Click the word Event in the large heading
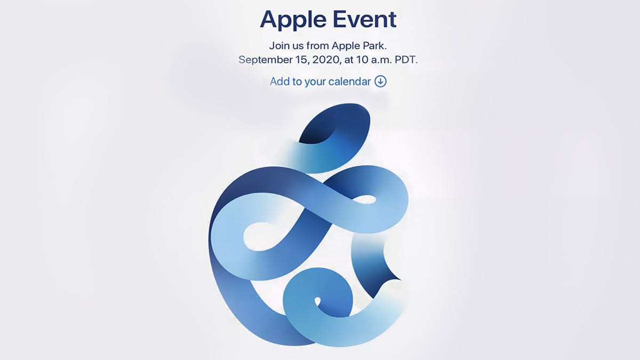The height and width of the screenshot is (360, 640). pos(365,19)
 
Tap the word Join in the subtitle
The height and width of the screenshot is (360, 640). pos(278,46)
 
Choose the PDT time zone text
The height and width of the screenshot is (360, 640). pos(406,60)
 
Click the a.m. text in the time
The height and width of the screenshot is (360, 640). pos(382,60)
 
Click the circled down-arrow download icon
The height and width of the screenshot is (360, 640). pos(381,82)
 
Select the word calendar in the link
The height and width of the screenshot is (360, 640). pos(349,82)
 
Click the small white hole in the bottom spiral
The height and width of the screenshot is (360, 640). pos(317,301)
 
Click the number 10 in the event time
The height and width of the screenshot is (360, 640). pos(362,60)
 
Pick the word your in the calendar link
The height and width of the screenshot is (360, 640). pos(315,82)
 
